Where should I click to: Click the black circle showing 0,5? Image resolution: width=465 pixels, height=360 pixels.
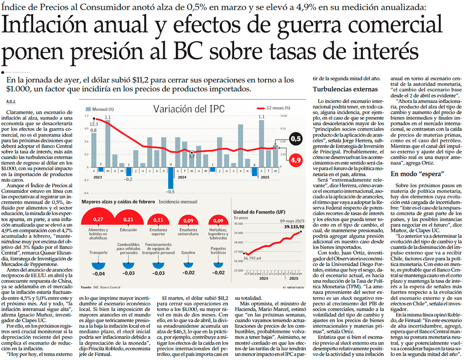click(296, 139)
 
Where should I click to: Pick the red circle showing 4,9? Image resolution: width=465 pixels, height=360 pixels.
click(296, 160)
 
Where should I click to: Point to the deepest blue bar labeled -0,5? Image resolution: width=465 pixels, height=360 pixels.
click(171, 183)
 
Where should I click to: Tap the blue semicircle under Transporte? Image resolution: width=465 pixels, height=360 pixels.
click(98, 265)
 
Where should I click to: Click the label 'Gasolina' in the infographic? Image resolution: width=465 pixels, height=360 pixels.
click(187, 252)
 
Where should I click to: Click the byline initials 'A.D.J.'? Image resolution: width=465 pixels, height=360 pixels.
click(11, 101)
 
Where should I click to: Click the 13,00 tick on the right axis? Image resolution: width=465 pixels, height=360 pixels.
click(284, 115)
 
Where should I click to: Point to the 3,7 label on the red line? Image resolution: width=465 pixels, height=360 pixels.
click(191, 156)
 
